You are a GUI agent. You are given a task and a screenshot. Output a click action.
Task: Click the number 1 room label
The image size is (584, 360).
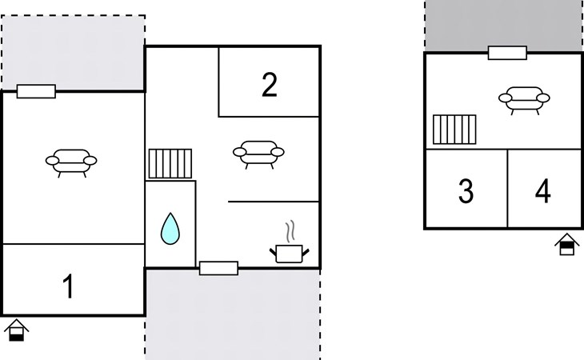[69, 286]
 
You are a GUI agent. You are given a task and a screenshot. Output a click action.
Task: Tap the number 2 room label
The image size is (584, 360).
[270, 85]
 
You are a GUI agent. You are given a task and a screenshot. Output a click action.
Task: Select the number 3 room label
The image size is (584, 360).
[466, 191]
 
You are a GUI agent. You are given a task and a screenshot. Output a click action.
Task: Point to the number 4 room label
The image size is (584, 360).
[543, 191]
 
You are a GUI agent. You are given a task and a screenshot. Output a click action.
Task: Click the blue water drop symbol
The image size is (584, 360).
[170, 228]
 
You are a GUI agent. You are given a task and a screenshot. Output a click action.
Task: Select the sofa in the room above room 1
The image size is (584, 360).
[71, 161]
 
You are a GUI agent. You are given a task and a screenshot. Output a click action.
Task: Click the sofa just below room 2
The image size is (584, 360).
[258, 151]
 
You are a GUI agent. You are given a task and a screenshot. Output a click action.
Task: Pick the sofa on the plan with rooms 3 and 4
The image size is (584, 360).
[524, 100]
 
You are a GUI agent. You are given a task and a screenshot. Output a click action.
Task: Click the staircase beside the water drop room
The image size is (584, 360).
[170, 163]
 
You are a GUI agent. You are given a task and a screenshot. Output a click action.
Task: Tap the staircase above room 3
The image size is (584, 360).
[454, 130]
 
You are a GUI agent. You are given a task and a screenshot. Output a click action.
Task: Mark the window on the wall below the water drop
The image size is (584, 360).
[218, 268]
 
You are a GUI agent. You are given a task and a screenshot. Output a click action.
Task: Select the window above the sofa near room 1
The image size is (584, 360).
[36, 91]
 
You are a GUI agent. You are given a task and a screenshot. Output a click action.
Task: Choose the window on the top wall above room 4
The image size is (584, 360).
[507, 53]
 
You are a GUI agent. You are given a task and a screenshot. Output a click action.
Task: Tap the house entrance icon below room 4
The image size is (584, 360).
[566, 244]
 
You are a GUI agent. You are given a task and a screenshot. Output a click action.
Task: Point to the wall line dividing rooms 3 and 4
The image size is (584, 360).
[507, 189]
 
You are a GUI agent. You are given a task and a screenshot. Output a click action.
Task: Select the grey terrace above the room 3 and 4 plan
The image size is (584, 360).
[502, 24]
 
